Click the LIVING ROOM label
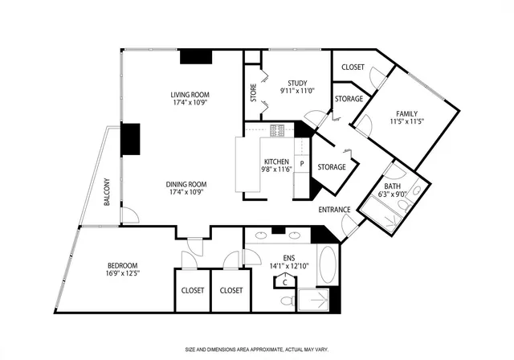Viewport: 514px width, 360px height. pyautogui.click(x=189, y=94)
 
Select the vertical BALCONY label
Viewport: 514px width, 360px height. pyautogui.click(x=107, y=192)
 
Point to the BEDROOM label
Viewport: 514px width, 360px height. pyautogui.click(x=123, y=266)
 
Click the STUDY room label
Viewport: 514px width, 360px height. pyautogui.click(x=297, y=83)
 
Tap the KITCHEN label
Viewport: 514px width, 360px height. pyautogui.click(x=275, y=162)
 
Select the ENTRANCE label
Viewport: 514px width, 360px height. pyautogui.click(x=334, y=211)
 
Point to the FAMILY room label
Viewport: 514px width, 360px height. pyautogui.click(x=406, y=113)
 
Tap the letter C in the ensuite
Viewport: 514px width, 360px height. pyautogui.click(x=284, y=282)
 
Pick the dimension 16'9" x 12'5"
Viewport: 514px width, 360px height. pyautogui.click(x=123, y=274)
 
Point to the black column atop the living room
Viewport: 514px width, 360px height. pyautogui.click(x=195, y=56)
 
